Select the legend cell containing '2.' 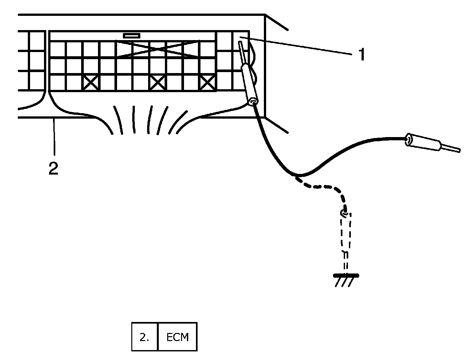click(145, 337)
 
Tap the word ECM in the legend click(178, 337)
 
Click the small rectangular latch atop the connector click(132, 35)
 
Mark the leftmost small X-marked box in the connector click(92, 83)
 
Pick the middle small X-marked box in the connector click(158, 83)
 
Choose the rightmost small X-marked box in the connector click(208, 83)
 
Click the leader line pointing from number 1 click(297, 46)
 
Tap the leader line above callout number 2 click(55, 136)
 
